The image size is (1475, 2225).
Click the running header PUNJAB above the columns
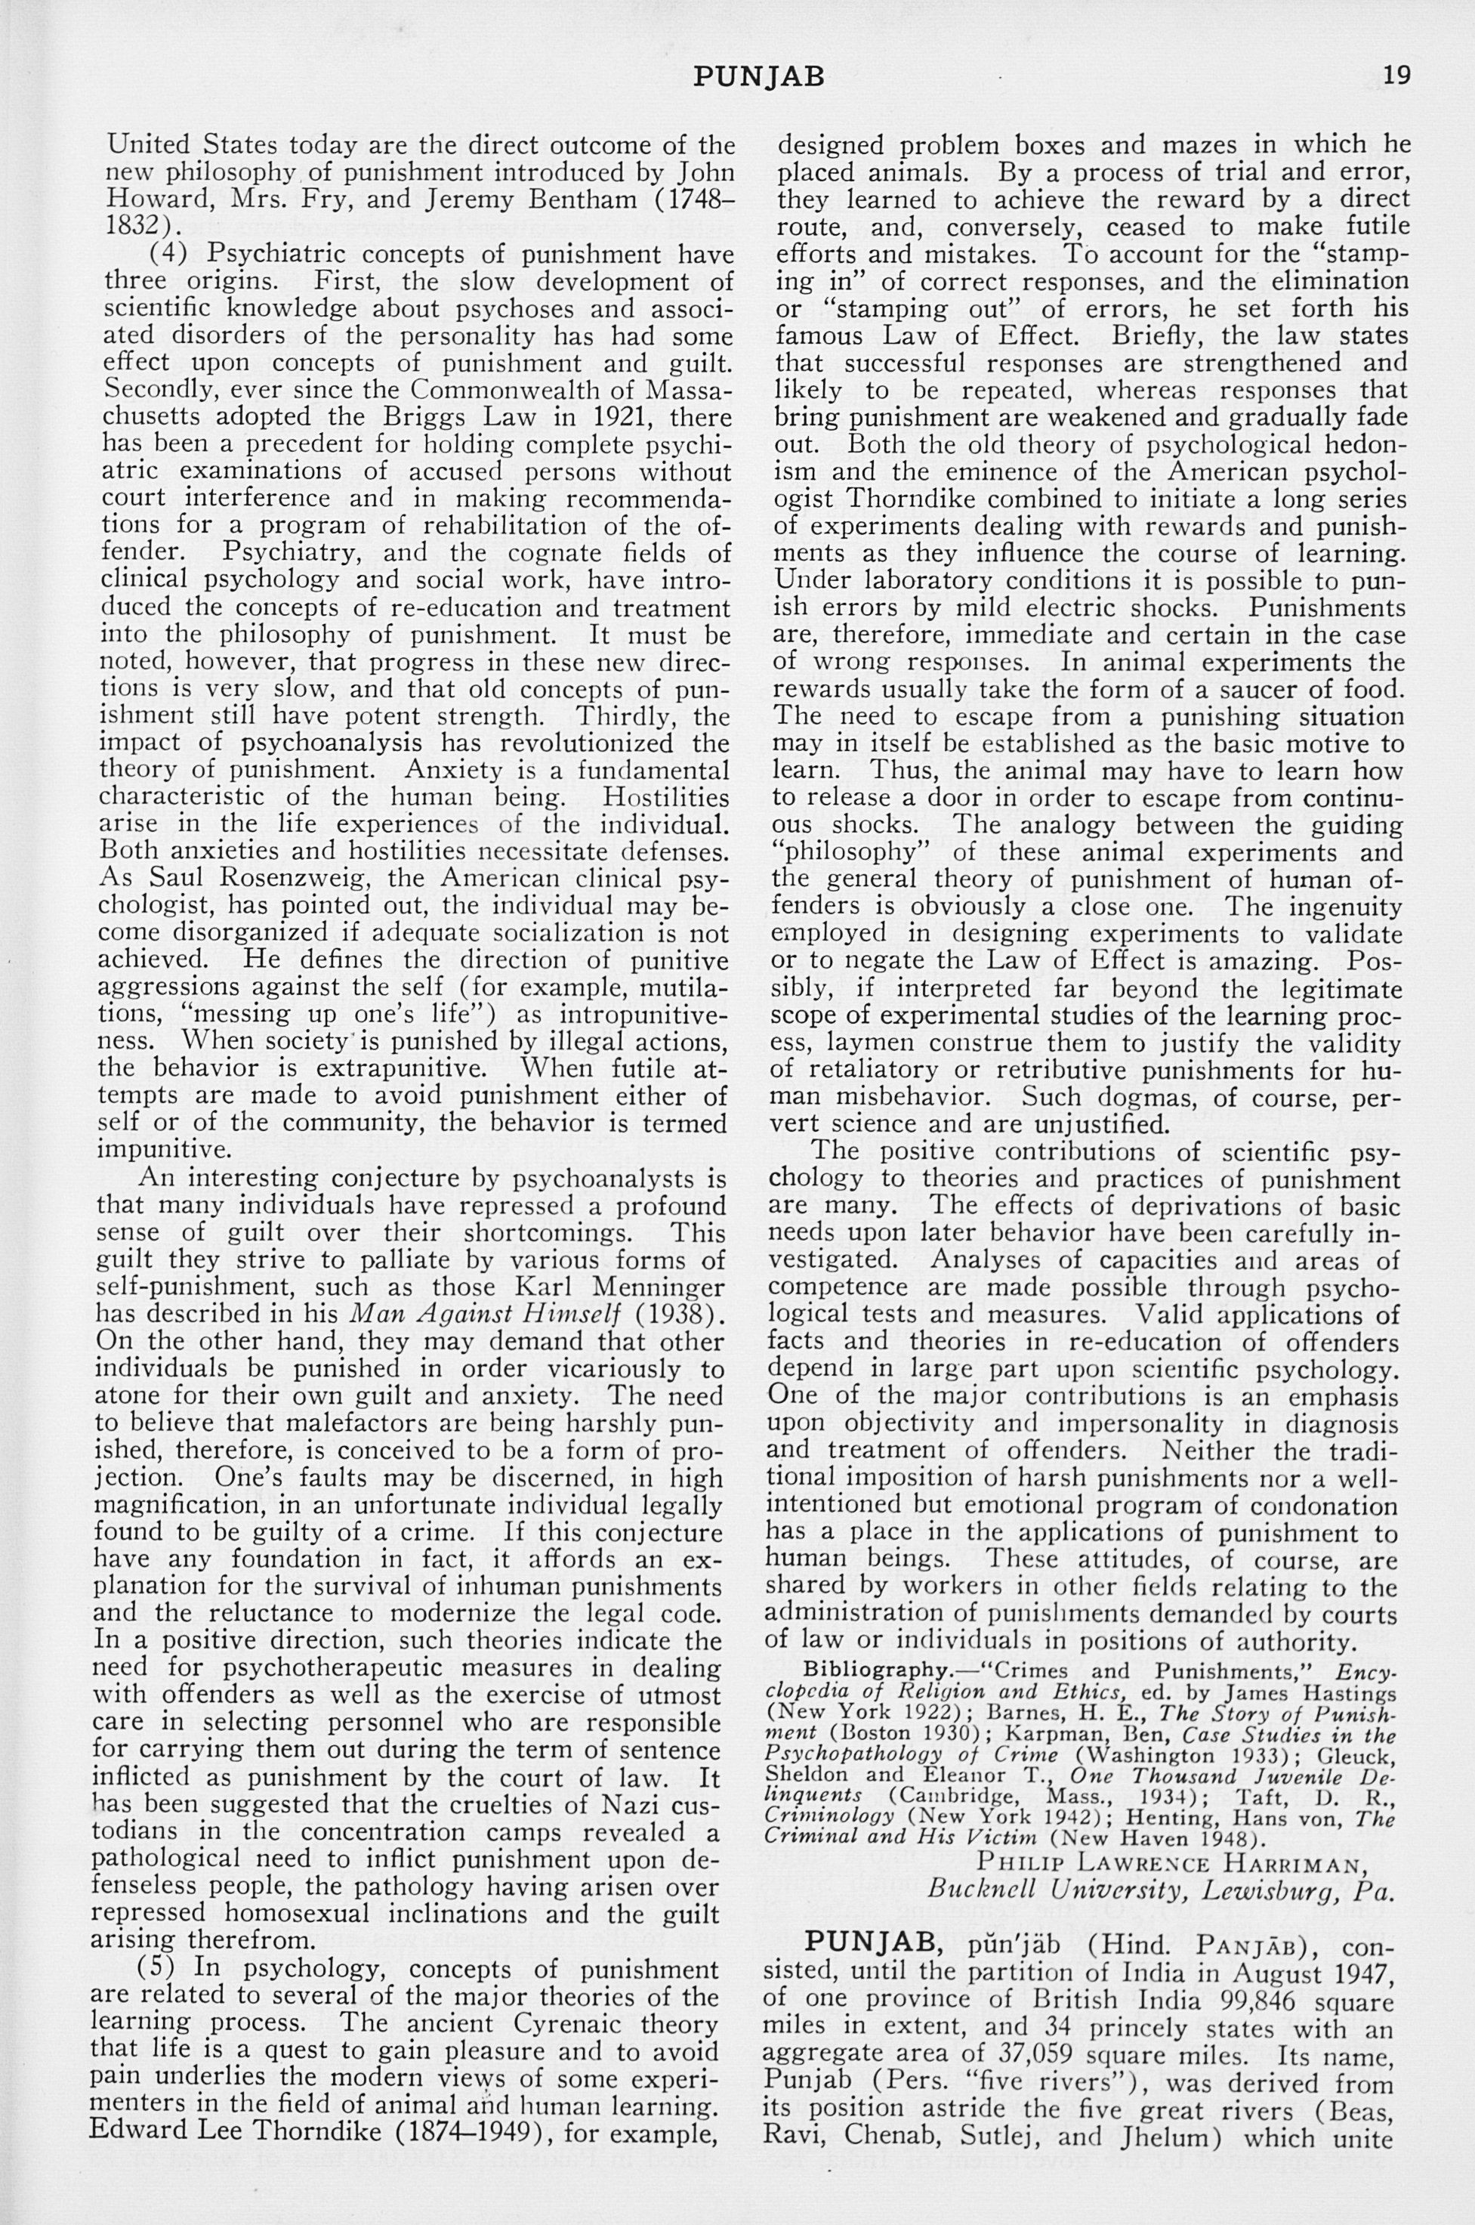[758, 76]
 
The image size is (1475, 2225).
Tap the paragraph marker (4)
[169, 255]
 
